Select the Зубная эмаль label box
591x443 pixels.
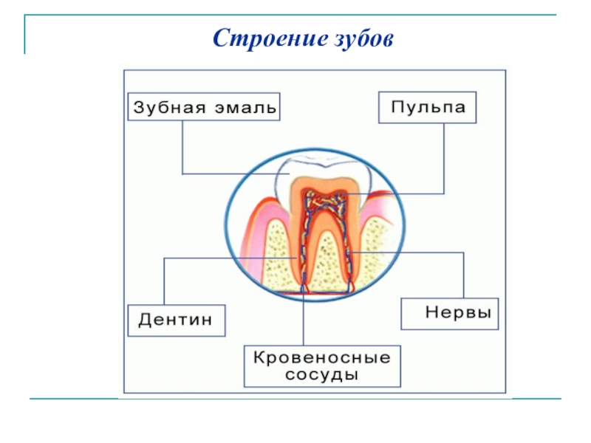click(x=205, y=107)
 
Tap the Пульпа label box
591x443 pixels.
click(x=428, y=107)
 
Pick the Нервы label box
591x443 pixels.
click(x=450, y=313)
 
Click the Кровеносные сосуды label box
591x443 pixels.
click(x=322, y=366)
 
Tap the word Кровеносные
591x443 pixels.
click(x=322, y=357)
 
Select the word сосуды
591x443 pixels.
click(x=322, y=376)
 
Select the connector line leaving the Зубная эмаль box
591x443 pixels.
click(x=182, y=148)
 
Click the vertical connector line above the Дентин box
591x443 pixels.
click(x=163, y=281)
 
